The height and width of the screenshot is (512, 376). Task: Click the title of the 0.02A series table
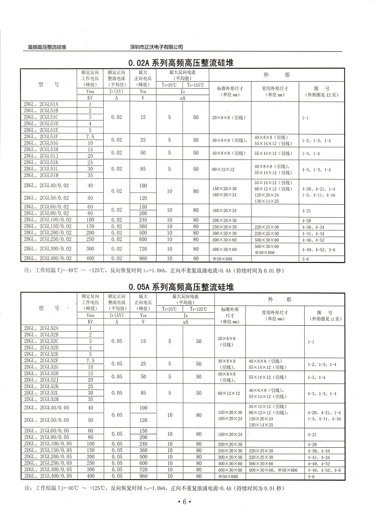pyautogui.click(x=181, y=63)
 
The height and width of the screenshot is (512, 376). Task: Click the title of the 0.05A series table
pyautogui.click(x=181, y=287)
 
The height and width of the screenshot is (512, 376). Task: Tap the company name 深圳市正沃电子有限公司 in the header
pyautogui.click(x=156, y=47)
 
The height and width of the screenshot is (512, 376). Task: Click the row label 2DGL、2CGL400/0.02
pyautogui.click(x=48, y=258)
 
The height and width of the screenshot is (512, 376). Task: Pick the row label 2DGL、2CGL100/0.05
pyautogui.click(x=48, y=444)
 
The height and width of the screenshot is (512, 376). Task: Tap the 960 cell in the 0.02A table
pyautogui.click(x=144, y=258)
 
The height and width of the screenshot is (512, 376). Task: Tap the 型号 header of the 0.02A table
pyautogui.click(x=48, y=84)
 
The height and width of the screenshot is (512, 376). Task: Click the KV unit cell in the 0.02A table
pyautogui.click(x=90, y=99)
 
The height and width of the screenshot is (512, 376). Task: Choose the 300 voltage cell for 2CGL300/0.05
pyautogui.click(x=90, y=470)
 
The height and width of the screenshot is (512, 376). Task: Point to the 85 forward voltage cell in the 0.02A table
pyautogui.click(x=144, y=169)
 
